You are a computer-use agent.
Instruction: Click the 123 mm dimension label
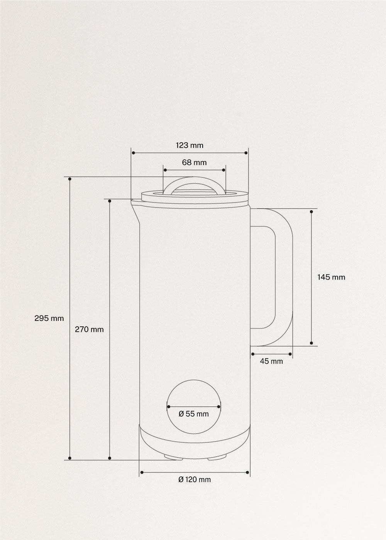189,145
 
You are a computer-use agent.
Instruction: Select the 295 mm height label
49,318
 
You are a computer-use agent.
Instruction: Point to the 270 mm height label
89,329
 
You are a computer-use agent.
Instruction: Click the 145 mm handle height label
331,277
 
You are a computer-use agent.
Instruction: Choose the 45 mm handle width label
271,361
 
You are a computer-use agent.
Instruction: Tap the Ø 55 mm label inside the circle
194,414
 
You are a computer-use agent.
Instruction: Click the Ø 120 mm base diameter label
195,479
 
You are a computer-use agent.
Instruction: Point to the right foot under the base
217,457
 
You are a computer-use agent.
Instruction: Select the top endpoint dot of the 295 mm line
70,179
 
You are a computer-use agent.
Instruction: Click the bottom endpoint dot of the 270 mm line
110,458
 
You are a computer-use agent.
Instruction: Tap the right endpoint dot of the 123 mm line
246,153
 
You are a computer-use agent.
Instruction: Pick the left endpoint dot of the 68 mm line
165,170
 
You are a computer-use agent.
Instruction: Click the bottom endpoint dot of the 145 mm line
312,343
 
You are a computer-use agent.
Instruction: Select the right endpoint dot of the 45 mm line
290,354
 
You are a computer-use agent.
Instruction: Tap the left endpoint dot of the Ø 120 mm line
142,472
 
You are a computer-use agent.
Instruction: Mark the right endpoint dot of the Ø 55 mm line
219,406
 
